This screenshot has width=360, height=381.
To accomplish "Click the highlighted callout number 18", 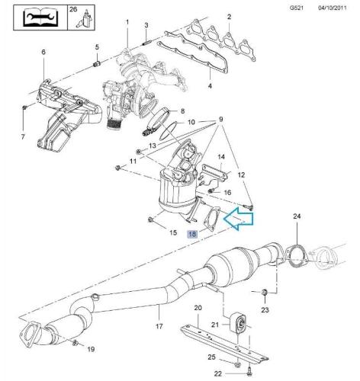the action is click(x=192, y=234).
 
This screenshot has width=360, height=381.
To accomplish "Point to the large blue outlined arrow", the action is click(x=239, y=219).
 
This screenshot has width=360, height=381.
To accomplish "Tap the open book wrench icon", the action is click(x=40, y=18).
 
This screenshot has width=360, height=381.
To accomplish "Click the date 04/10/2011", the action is click(x=333, y=8).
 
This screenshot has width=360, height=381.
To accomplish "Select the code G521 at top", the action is click(x=297, y=8).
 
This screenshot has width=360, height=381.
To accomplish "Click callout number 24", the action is click(x=297, y=216).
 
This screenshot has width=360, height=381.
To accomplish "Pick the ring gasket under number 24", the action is click(x=297, y=257).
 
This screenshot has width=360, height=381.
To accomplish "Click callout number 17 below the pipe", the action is click(x=159, y=326).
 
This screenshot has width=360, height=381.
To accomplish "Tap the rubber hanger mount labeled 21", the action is click(x=239, y=323).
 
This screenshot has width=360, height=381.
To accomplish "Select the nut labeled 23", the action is click(x=265, y=293).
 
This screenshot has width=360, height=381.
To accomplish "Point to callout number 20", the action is click(x=198, y=308).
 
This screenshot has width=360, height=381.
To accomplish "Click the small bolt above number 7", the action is click(x=24, y=107).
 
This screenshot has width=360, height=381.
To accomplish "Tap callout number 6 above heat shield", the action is click(x=43, y=52).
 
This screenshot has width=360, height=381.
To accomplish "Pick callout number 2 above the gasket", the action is click(x=229, y=17).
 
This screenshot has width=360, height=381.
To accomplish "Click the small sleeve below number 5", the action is click(x=97, y=63).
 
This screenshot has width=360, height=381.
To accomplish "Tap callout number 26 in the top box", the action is click(x=73, y=9).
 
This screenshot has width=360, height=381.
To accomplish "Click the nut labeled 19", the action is click(x=76, y=343).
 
